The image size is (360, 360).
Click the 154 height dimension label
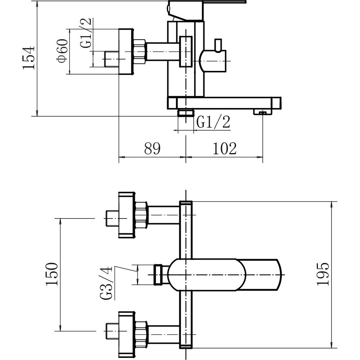click(x=28, y=58)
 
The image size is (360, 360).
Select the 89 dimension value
click(x=152, y=149)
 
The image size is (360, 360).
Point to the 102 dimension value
click(x=225, y=149)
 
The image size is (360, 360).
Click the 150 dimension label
click(x=51, y=274)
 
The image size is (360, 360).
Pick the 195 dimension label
click(x=323, y=274)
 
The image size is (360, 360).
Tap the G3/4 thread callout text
click(x=106, y=283)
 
